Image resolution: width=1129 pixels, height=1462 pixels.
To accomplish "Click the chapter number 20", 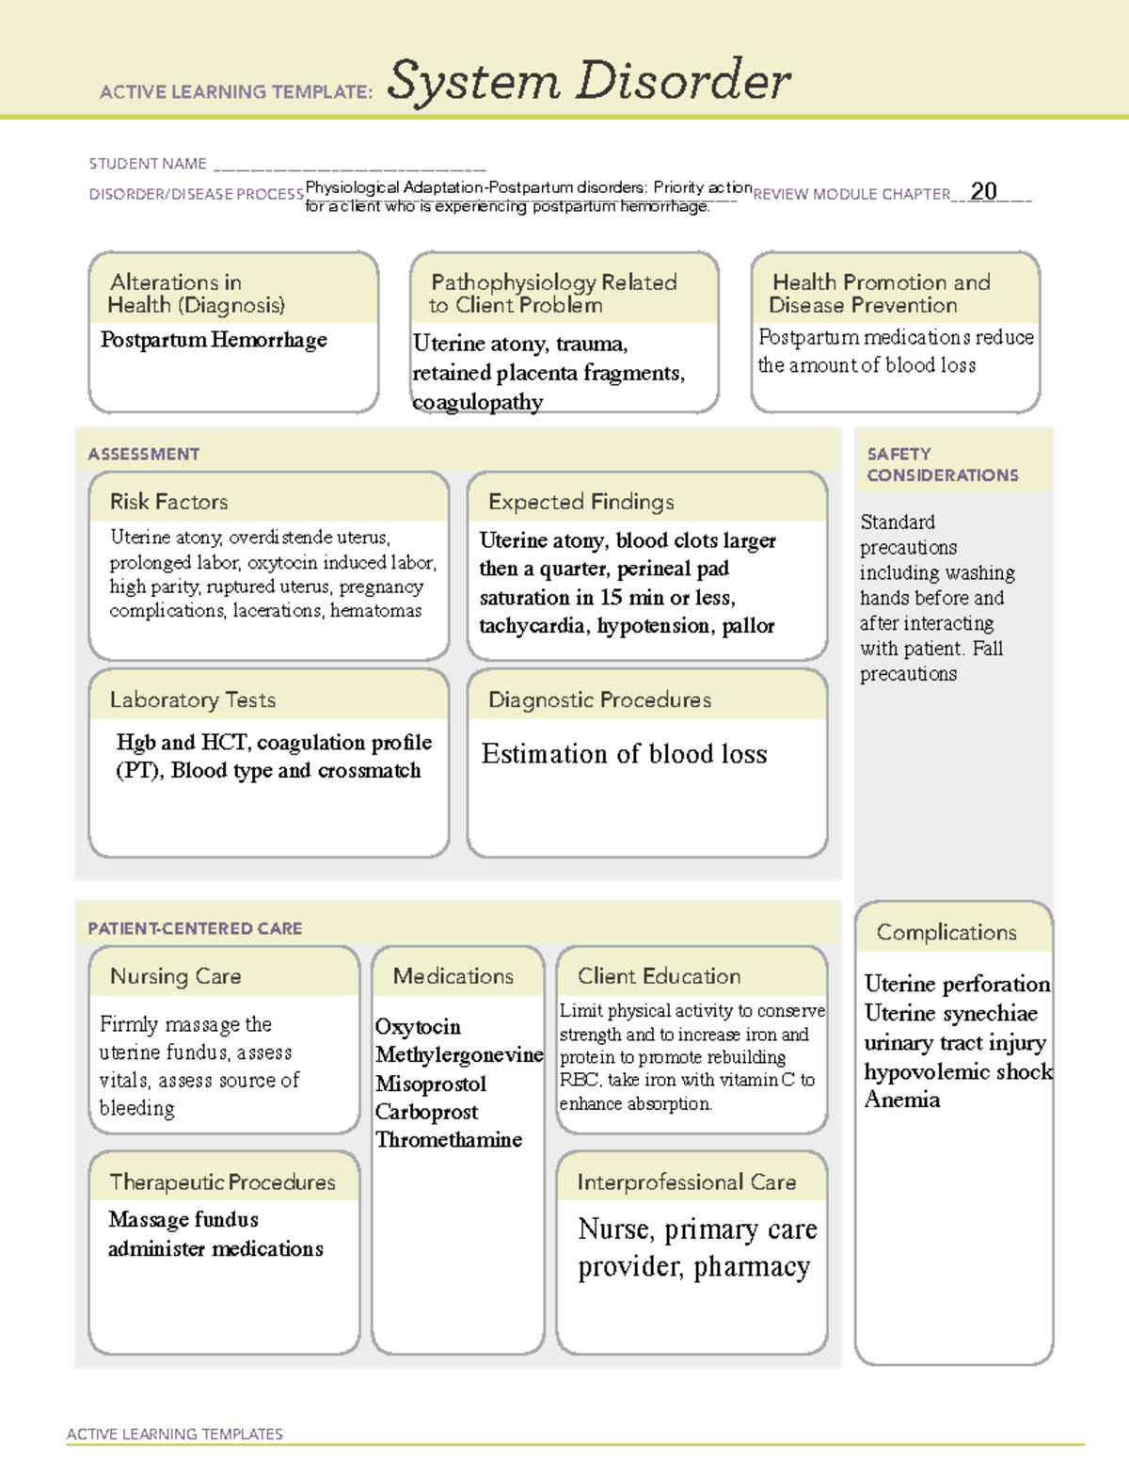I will click(983, 191).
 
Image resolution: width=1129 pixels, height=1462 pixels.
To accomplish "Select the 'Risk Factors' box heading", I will click(168, 502).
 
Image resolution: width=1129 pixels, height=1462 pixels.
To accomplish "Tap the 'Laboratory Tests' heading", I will click(193, 699).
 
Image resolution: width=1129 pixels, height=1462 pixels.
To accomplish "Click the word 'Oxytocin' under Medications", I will click(418, 1026).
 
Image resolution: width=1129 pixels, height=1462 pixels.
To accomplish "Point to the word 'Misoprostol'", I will click(431, 1084).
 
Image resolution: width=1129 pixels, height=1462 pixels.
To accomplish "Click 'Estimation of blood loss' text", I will click(624, 754).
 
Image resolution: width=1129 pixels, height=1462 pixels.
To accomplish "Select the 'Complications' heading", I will click(946, 932).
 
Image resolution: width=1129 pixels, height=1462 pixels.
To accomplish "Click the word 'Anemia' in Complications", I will click(901, 1100).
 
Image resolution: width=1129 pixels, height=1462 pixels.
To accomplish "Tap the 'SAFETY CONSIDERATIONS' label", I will click(942, 464).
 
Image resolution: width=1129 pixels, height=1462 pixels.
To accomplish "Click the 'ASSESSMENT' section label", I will click(144, 454).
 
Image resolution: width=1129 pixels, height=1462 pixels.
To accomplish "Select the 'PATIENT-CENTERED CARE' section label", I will click(195, 928).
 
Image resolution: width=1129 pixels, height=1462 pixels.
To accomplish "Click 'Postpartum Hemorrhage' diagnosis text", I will click(214, 340).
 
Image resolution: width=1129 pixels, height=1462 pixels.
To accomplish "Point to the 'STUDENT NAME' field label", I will click(148, 164).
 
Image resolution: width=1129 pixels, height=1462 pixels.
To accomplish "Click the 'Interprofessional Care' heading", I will click(686, 1181).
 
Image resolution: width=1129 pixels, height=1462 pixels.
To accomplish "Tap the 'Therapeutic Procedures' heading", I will click(222, 1181).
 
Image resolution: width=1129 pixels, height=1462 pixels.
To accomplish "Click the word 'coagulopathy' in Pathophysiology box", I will click(478, 402).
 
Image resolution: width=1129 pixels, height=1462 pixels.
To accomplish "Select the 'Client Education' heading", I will click(659, 976).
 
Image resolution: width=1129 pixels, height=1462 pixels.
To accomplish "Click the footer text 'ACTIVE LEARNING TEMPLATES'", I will click(174, 1434).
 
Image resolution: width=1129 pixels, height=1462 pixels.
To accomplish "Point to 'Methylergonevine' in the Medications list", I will click(459, 1054).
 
